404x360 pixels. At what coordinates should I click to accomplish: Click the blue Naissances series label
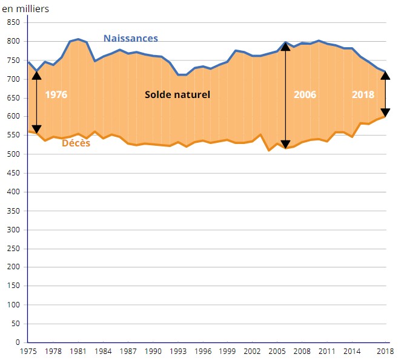point(130,38)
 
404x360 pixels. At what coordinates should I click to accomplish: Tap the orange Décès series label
point(76,143)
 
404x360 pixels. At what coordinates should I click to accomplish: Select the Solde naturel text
point(177,95)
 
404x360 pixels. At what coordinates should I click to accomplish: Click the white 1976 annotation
point(56,95)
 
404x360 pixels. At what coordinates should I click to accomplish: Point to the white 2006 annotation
point(305,95)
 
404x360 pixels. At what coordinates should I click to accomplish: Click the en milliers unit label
point(25,8)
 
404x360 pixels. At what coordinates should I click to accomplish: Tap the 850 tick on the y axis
point(13,22)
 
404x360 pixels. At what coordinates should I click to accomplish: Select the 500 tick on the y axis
point(13,154)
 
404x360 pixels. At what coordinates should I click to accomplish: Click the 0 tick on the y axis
point(18,342)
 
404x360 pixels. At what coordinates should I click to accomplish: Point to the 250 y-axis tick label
point(13,248)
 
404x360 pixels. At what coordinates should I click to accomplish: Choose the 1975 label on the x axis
point(28,351)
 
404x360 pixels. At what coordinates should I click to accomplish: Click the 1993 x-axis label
point(178,351)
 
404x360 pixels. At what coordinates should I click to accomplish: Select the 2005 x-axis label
point(277,351)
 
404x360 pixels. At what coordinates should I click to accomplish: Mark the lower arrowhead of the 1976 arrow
point(36,129)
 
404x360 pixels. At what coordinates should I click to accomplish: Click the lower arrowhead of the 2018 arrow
point(385,113)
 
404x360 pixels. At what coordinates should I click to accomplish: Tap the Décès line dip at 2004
point(269,149)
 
